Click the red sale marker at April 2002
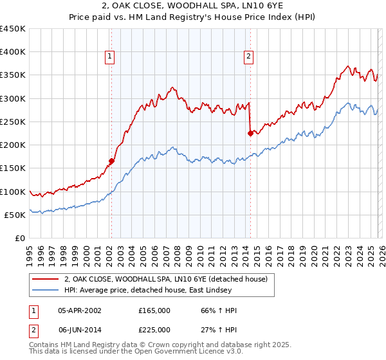click(x=111, y=161)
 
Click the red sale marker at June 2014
click(x=250, y=134)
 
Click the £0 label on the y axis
click(x=19, y=238)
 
